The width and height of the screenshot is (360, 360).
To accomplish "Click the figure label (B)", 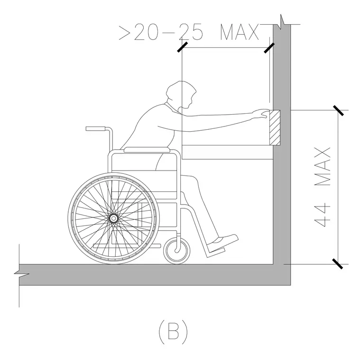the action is [x=173, y=331].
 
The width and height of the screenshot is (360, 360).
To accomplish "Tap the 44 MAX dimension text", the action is [x=323, y=188].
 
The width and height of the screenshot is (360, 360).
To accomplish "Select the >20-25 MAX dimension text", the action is [x=189, y=32].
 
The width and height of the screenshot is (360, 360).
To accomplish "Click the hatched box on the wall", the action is [x=275, y=127].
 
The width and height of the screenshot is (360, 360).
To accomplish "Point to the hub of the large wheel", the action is [x=113, y=218].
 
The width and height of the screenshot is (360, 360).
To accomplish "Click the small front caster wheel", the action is [x=177, y=251].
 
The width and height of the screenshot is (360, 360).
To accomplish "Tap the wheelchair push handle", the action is [x=95, y=128].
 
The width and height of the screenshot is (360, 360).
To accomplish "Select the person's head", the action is [x=181, y=94].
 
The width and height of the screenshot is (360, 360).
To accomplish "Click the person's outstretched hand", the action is [x=261, y=114].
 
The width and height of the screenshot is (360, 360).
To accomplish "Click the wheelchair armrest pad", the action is [x=147, y=150].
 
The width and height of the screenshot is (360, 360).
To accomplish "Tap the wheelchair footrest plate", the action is [x=216, y=252].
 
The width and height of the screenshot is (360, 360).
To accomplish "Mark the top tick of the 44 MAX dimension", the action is [x=338, y=110].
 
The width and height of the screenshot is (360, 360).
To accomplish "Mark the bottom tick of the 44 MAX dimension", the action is [x=338, y=264].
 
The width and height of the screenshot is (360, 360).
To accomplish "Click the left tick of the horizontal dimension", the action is [x=182, y=47].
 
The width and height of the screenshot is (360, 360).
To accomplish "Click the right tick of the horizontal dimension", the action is [x=269, y=48].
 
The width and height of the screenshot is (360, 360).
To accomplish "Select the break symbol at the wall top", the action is [x=282, y=22].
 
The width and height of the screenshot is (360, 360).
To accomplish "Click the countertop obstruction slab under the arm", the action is [x=227, y=152].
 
